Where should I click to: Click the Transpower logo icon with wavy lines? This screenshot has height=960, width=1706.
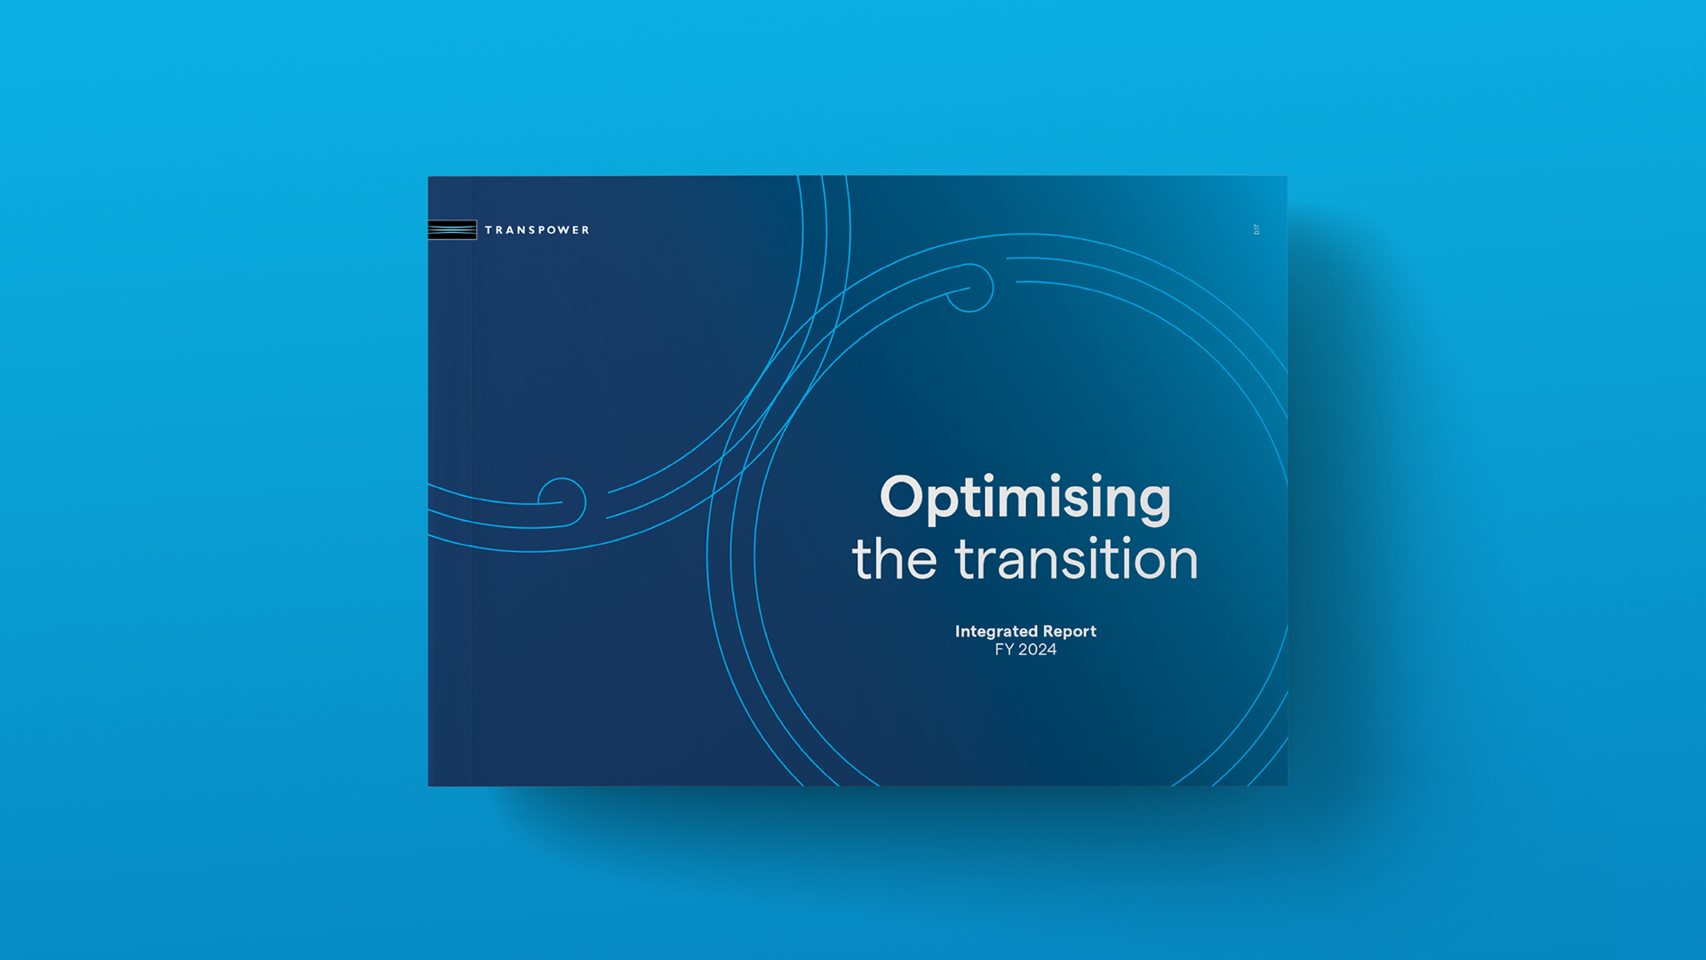click(x=452, y=229)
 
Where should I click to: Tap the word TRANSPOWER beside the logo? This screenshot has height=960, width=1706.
click(x=537, y=230)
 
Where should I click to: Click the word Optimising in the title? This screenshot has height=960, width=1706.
click(x=1024, y=498)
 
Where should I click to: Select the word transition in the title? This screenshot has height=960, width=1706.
click(x=1076, y=559)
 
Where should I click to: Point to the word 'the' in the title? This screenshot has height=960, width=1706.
click(x=894, y=559)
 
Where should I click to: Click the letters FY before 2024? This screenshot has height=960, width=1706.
click(x=1004, y=650)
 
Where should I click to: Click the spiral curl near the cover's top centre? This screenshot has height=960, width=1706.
click(x=969, y=287)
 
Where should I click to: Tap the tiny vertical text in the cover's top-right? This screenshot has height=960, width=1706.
click(x=1256, y=229)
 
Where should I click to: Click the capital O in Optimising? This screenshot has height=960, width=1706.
click(x=902, y=496)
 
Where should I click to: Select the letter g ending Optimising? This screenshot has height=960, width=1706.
click(x=1152, y=501)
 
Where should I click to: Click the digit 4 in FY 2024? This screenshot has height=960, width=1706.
click(x=1051, y=650)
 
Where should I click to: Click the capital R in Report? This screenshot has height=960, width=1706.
click(x=1049, y=631)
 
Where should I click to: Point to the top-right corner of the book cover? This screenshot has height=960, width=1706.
click(x=1287, y=177)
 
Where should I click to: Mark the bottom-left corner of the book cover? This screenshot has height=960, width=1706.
click(x=429, y=785)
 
